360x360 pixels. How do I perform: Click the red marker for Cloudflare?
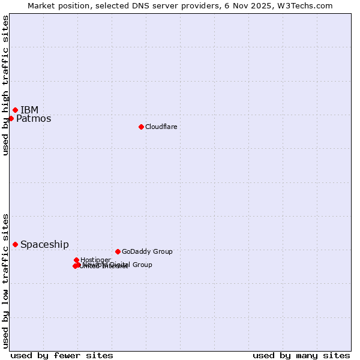pyautogui.click(x=141, y=127)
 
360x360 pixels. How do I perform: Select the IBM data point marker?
pyautogui.click(x=15, y=110)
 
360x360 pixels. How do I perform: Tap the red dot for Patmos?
pyautogui.click(x=11, y=118)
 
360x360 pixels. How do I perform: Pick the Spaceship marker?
pyautogui.click(x=15, y=244)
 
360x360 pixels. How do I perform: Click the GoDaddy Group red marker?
pyautogui.click(x=118, y=251)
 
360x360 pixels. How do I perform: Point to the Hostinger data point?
pyautogui.click(x=76, y=260)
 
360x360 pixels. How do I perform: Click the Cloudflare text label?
pyautogui.click(x=161, y=127)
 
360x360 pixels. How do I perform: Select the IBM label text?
pyautogui.click(x=29, y=110)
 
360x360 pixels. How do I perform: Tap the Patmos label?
pyautogui.click(x=34, y=119)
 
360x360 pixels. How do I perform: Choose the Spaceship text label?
pyautogui.click(x=44, y=245)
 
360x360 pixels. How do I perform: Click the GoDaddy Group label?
pyautogui.click(x=147, y=252)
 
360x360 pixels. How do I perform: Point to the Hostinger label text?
pyautogui.click(x=95, y=260)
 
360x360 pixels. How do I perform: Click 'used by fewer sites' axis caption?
pyautogui.click(x=62, y=355)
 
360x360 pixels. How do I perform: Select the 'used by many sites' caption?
pyautogui.click(x=301, y=355)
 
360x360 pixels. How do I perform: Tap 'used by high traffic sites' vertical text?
pyautogui.click(x=6, y=86)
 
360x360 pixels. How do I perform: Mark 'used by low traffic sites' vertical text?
pyautogui.click(x=6, y=280)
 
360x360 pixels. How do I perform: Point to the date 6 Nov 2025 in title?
pyautogui.click(x=256, y=5)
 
